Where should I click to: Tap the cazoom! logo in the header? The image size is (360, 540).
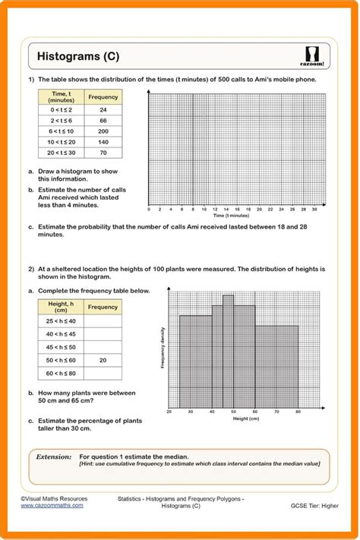(x=312, y=56)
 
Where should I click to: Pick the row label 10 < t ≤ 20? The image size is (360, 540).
(x=60, y=142)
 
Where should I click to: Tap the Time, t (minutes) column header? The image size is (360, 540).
(x=60, y=96)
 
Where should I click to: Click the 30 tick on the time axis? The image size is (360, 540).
(x=314, y=208)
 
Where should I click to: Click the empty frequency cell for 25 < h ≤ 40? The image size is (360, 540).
(x=103, y=321)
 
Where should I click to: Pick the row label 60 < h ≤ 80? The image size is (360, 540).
(x=61, y=373)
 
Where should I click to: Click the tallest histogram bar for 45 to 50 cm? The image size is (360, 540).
(x=228, y=349)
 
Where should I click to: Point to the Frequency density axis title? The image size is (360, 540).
(x=163, y=348)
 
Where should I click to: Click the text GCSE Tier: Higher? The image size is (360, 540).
(x=314, y=505)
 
